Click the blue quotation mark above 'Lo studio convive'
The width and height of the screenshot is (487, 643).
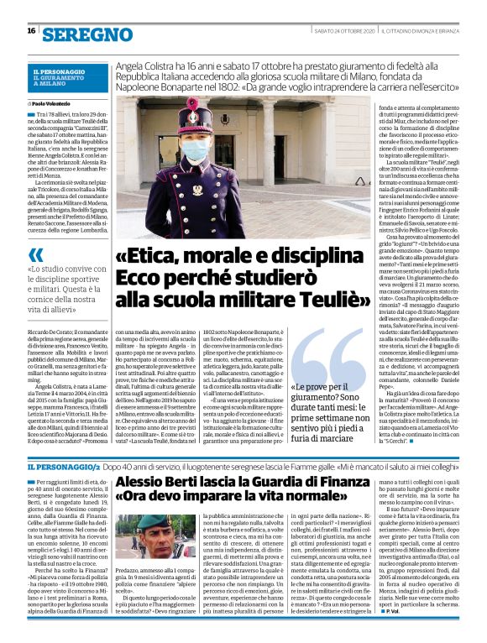(36, 254)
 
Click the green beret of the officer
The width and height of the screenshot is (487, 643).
(158, 523)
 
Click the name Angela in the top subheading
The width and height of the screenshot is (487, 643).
(134, 62)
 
